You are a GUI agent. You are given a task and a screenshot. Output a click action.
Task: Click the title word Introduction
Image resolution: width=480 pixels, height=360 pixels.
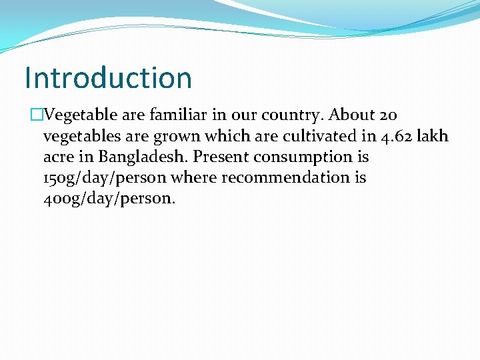point(108,78)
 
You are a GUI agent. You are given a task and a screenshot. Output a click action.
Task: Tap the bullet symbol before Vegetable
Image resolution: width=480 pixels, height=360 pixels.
point(36,115)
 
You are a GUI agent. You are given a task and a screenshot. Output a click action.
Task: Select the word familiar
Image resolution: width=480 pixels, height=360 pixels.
point(175,115)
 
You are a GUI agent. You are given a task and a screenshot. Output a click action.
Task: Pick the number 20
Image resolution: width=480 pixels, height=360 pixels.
point(389,115)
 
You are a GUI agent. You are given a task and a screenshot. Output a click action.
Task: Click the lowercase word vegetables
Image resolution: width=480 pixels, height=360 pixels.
point(79,137)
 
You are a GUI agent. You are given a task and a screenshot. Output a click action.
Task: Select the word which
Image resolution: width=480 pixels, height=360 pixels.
point(225,136)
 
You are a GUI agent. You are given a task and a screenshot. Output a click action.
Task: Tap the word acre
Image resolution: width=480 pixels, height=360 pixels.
point(58,157)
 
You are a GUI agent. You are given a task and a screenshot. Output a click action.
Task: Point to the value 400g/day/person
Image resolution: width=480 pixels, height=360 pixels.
point(109,199)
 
